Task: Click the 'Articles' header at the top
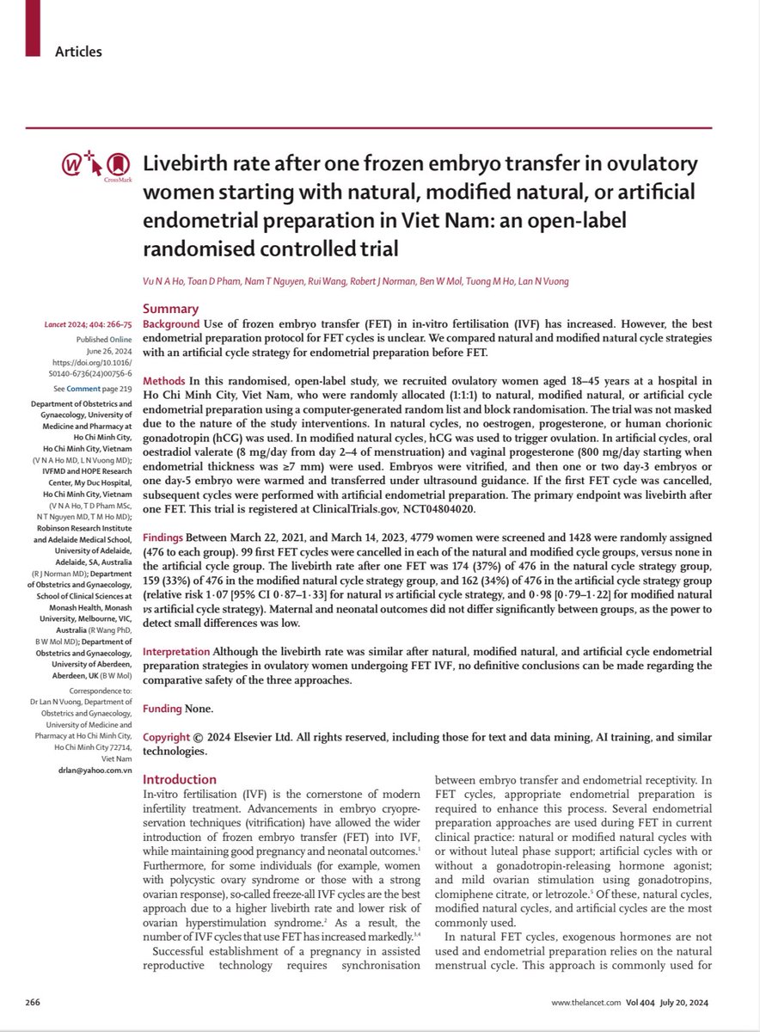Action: click(x=78, y=52)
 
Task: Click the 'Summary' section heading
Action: click(x=170, y=309)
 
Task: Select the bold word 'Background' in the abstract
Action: click(x=170, y=323)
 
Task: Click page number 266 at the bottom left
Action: click(x=34, y=1003)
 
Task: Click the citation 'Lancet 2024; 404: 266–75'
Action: click(x=81, y=324)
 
